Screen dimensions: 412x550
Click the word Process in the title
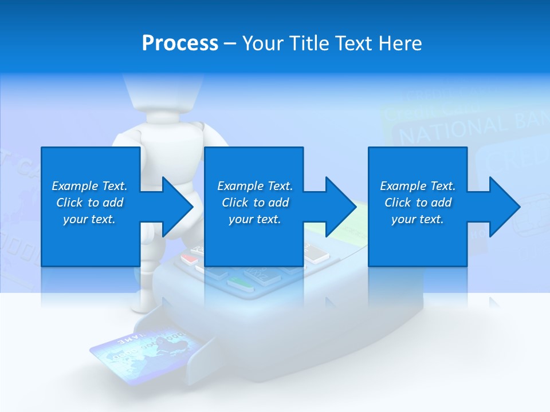tap(180, 43)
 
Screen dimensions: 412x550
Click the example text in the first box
tap(90, 203)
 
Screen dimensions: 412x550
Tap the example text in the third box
tap(418, 203)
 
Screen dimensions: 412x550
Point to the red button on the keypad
tap(189, 259)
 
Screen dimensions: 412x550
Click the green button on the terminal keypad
tap(240, 283)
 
